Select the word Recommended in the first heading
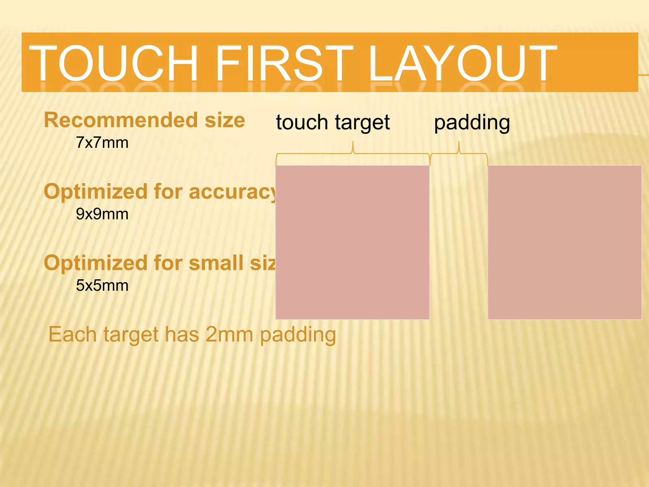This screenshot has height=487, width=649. click(121, 120)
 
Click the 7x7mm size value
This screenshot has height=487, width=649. click(102, 143)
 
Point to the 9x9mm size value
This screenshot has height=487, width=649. click(102, 214)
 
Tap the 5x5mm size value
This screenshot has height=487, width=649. click(102, 285)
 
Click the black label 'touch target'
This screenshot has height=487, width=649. click(333, 122)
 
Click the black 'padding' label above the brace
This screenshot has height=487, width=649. click(472, 122)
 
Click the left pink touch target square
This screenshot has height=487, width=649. click(352, 242)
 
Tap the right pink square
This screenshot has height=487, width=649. click(565, 242)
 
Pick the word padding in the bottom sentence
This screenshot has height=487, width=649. click(298, 335)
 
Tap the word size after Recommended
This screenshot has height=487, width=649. click(225, 120)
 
